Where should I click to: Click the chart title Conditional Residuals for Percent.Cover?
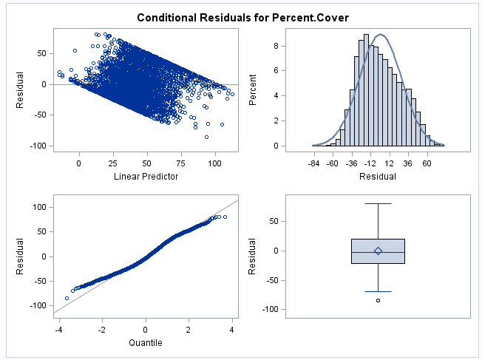[x=240, y=16]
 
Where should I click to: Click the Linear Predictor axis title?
[x=146, y=177]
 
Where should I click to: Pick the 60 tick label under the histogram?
[x=427, y=163]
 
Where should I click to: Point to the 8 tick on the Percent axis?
[x=273, y=45]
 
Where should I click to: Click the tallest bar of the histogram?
[x=367, y=89]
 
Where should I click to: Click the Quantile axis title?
[x=146, y=342]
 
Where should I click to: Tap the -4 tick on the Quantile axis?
[x=58, y=329]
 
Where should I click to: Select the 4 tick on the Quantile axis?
[x=233, y=329]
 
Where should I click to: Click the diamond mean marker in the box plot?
[x=378, y=251]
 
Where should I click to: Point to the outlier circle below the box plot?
[x=378, y=300]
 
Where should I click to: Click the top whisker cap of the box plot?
[x=378, y=203]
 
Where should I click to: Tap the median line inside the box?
[x=378, y=253]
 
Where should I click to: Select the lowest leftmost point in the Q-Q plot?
[x=67, y=299]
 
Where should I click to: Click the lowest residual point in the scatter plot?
[x=206, y=137]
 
